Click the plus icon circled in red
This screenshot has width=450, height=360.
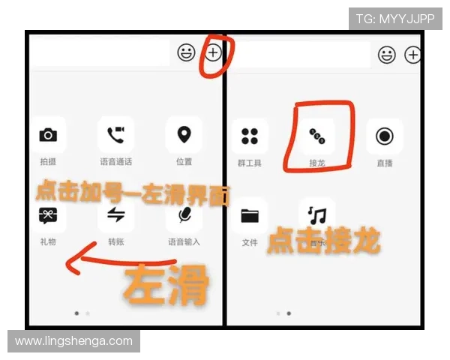214,52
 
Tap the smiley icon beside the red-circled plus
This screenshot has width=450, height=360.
186,52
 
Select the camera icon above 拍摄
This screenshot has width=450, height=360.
48,135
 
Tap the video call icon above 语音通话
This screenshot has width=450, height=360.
115,135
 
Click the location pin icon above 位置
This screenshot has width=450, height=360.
184,135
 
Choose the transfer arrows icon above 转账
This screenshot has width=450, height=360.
115,215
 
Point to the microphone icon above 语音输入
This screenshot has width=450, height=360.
184,215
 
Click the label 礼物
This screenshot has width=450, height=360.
48,241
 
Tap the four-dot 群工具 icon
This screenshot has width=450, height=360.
250,136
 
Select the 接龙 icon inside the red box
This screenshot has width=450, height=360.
317,136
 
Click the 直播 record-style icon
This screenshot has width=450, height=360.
385,136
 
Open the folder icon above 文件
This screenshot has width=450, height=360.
250,217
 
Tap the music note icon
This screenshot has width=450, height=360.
318,216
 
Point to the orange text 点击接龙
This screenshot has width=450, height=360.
324,241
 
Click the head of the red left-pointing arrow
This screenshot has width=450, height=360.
70,264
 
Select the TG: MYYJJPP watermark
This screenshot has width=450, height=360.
395,18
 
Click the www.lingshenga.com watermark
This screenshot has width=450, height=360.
73,341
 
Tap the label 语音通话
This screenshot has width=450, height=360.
115,161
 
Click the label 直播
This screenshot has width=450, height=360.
385,162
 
